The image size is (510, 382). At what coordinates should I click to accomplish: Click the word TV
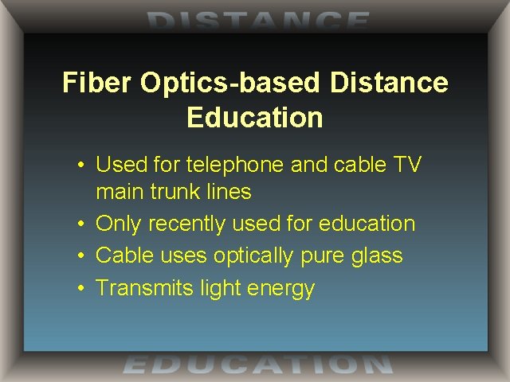coord(406,165)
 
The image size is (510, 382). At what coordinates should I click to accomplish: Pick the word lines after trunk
coord(229,192)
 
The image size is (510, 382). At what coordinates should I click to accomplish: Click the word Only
coord(119,224)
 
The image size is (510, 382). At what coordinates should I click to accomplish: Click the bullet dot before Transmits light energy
coord(82,288)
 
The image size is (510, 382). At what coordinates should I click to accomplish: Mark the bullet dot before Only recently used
coord(82,224)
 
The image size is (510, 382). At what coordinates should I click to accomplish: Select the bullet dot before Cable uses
coord(82,256)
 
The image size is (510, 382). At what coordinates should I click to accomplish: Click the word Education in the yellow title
coord(255,118)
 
